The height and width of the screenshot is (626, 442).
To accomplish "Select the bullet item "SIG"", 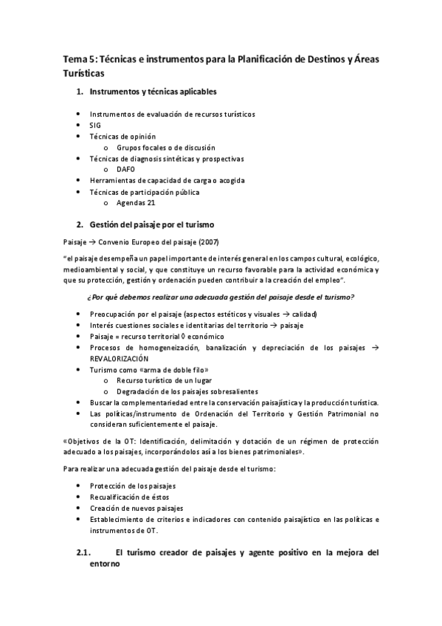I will pos(96,125).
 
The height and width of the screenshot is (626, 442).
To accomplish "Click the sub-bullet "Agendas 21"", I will pos(135,202).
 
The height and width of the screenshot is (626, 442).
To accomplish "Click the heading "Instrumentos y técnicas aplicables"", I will pos(153,92).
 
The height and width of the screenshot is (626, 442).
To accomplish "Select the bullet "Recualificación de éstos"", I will pos(128,498).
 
